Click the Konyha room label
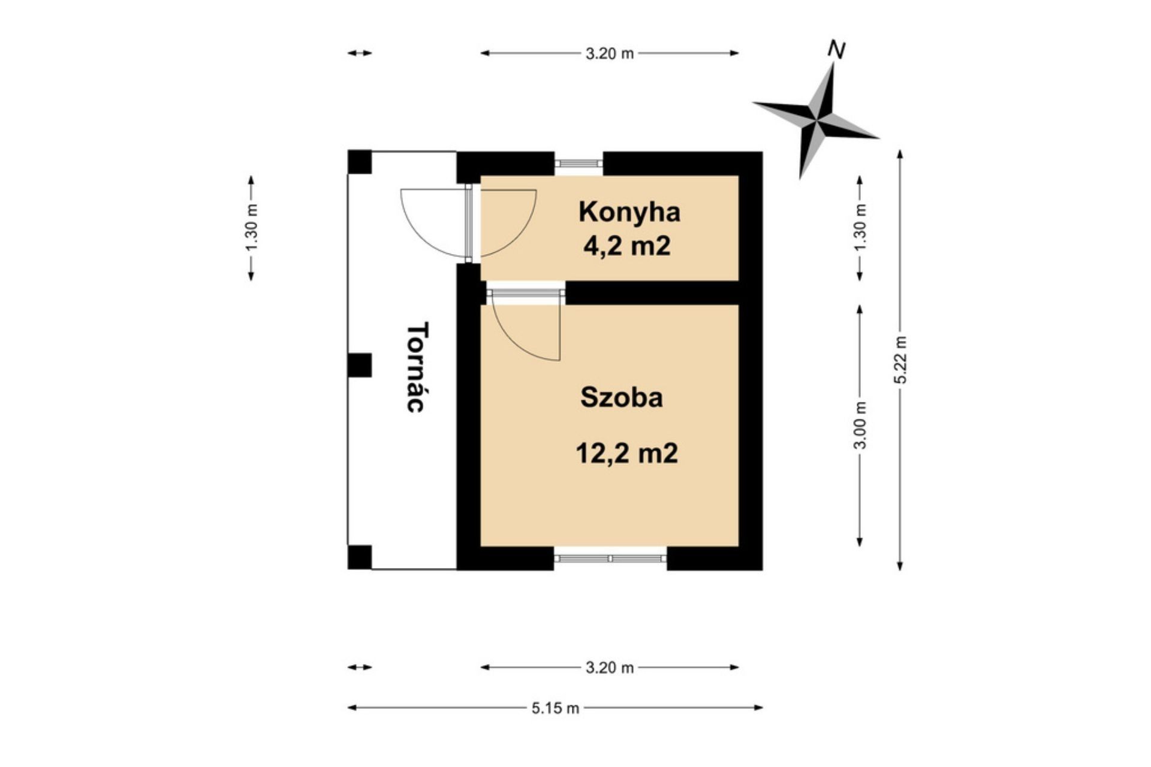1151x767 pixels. [629, 213]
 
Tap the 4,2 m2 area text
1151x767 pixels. [626, 246]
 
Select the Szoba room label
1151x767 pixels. [622, 398]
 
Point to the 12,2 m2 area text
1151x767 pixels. [626, 453]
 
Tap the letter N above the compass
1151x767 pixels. [836, 50]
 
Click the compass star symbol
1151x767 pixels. [816, 120]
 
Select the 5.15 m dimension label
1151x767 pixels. [555, 708]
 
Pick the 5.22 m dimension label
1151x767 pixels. [900, 360]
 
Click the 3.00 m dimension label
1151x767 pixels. [860, 425]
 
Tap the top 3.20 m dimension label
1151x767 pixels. [609, 53]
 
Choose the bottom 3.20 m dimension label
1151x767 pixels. [609, 668]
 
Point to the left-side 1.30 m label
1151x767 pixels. [252, 228]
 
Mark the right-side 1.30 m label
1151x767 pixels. [860, 228]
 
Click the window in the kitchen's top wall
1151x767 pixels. [578, 163]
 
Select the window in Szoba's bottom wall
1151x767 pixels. [610, 558]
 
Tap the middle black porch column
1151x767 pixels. [360, 366]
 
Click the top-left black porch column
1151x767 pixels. [360, 162]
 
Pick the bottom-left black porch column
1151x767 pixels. [360, 557]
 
